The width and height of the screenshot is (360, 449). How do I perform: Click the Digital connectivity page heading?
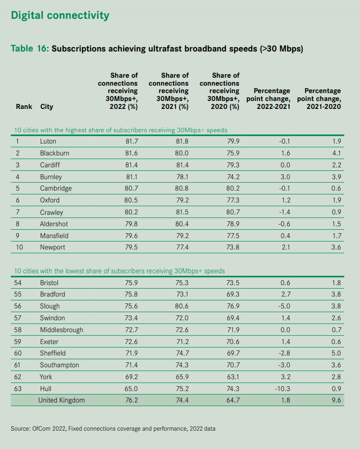(60, 15)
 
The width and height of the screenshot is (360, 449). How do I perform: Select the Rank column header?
(24, 106)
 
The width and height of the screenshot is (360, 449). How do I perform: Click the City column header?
(46, 106)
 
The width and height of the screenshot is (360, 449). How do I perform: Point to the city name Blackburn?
(54, 153)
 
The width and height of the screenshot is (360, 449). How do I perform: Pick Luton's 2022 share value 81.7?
(130, 142)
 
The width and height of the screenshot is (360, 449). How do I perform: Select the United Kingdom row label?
(61, 400)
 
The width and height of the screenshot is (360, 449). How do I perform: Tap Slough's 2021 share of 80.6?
(180, 306)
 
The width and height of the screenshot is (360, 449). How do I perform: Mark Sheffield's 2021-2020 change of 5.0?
(336, 353)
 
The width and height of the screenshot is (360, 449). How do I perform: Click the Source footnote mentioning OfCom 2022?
(113, 428)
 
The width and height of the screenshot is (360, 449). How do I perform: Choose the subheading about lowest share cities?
(120, 271)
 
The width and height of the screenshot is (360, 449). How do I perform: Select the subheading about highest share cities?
(121, 130)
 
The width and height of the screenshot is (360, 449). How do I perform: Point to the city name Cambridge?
(56, 189)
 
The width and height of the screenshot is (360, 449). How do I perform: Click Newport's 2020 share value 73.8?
(231, 247)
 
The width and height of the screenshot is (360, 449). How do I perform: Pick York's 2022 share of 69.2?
(130, 377)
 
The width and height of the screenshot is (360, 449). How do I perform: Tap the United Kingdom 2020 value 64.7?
(231, 400)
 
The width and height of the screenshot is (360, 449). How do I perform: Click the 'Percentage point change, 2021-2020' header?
(322, 99)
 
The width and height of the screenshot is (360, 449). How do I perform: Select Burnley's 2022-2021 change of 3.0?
(284, 177)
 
